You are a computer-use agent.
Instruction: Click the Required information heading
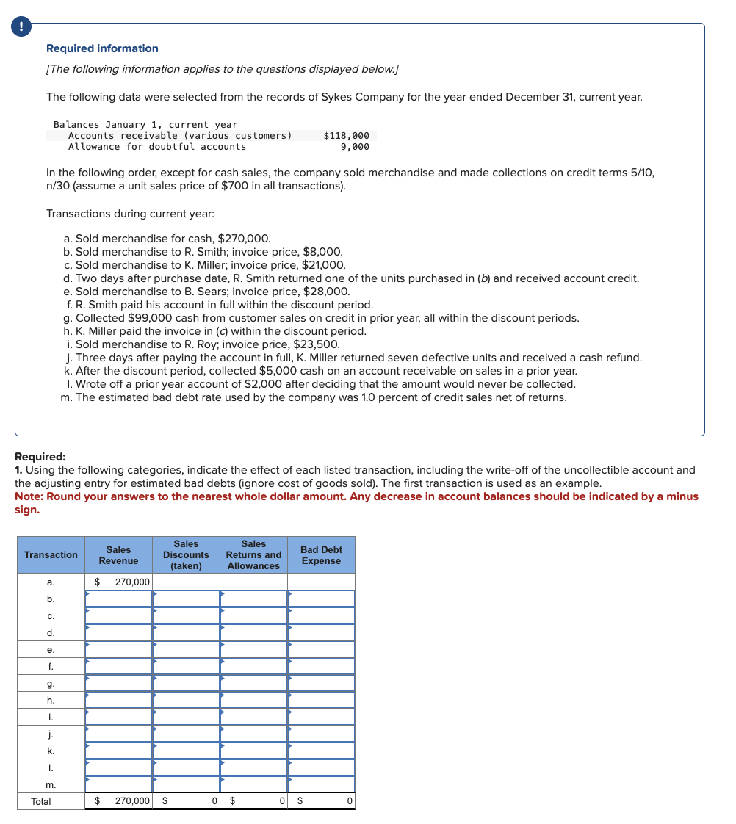click(102, 48)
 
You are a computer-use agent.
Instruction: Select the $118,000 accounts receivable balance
click(346, 136)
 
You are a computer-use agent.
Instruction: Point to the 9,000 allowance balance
click(355, 147)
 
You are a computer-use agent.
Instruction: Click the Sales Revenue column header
click(118, 555)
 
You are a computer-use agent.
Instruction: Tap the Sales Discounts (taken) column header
click(186, 555)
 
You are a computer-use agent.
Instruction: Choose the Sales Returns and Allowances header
click(253, 555)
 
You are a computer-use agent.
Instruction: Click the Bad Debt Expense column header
click(321, 555)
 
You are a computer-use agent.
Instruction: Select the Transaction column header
click(51, 555)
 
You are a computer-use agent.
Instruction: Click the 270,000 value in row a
click(132, 582)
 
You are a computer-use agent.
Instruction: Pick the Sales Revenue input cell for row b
click(119, 599)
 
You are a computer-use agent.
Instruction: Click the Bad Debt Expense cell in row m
click(321, 785)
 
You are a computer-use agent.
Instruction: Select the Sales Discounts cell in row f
click(187, 667)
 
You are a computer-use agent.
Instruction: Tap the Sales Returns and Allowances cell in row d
click(254, 633)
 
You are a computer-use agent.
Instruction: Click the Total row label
click(41, 802)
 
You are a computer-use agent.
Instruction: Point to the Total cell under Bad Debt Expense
click(321, 802)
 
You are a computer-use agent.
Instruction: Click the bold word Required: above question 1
click(40, 457)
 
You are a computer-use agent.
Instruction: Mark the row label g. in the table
click(51, 684)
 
